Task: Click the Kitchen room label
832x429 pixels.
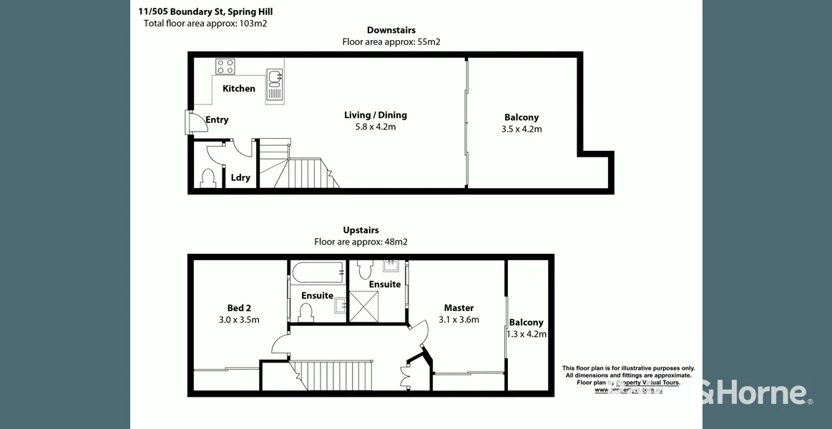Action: [x=239, y=89]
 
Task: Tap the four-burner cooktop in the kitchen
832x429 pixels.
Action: [x=225, y=66]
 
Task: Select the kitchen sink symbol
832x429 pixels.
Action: [x=275, y=84]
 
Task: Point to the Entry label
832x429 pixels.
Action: [x=217, y=120]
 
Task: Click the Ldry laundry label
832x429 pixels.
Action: [x=240, y=177]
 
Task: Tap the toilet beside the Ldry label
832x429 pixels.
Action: [x=209, y=177]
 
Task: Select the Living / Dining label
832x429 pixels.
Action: [x=376, y=115]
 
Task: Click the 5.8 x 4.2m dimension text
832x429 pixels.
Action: [x=376, y=127]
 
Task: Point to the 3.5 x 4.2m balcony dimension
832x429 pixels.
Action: [x=522, y=129]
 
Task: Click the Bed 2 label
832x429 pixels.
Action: [x=239, y=308]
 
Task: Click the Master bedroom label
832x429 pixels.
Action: [x=459, y=308]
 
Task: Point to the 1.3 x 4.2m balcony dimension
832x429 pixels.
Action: [x=527, y=334]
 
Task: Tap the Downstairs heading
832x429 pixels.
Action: [x=391, y=30]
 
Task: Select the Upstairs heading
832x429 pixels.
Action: [x=361, y=230]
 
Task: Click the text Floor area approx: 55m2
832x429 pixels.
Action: [x=391, y=42]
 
